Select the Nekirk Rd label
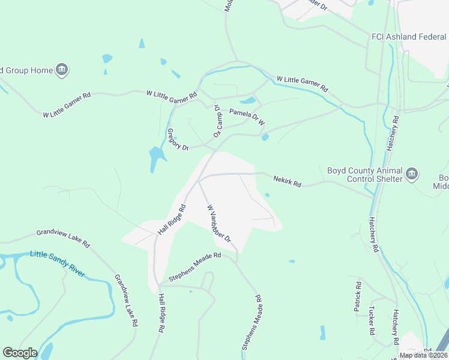pyautogui.click(x=287, y=180)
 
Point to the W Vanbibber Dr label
pyautogui.click(x=219, y=223)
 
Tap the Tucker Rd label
pyautogui.click(x=372, y=321)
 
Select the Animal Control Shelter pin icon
pyautogui.click(x=412, y=175)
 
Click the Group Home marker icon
pyautogui.click(x=61, y=70)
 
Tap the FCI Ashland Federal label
pyautogui.click(x=408, y=37)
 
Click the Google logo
pyautogui.click(x=20, y=353)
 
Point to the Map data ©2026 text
pyautogui.click(x=423, y=355)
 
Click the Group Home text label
pyautogui.click(x=26, y=70)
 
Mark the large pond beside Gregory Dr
pyautogui.click(x=156, y=157)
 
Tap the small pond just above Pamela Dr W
pyautogui.click(x=247, y=100)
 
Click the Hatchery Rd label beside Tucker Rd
pyautogui.click(x=397, y=326)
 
